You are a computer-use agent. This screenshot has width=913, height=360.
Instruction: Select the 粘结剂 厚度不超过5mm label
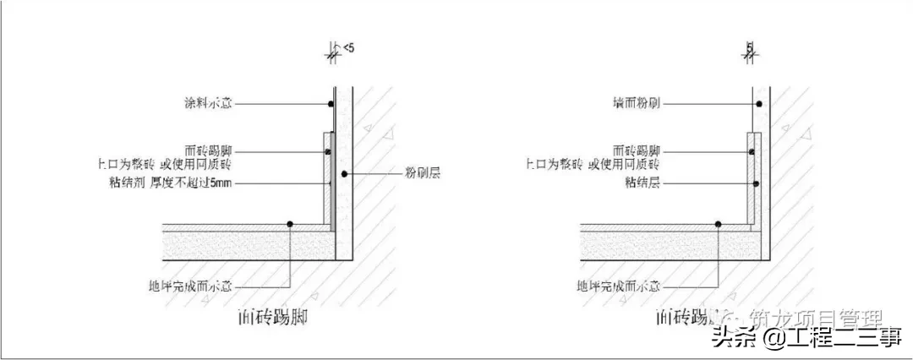click(207, 183)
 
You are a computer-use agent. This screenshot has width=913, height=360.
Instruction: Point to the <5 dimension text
click(349, 50)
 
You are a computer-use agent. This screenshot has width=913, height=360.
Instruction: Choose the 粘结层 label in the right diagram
click(642, 183)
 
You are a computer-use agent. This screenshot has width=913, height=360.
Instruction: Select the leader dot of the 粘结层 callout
click(757, 183)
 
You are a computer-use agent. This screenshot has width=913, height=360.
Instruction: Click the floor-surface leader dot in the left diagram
click(289, 224)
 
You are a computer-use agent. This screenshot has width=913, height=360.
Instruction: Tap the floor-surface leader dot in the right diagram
click(718, 224)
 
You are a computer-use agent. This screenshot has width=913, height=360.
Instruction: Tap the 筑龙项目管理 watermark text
click(820, 319)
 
